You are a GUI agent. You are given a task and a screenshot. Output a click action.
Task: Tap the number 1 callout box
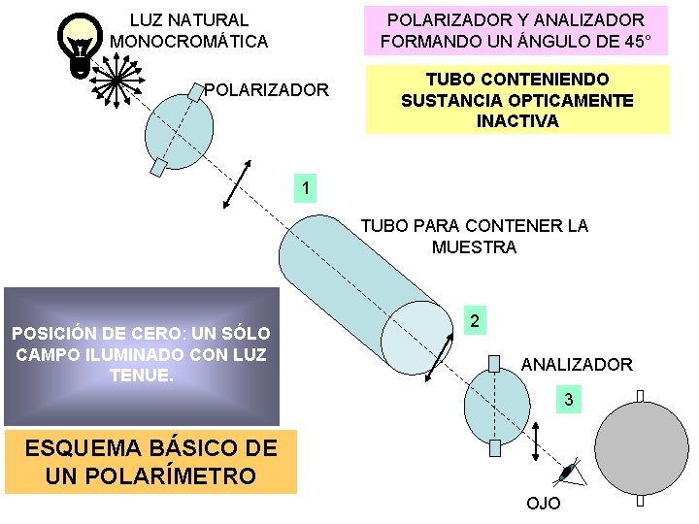click(306, 187)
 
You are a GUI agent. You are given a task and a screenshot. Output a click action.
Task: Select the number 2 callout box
click(474, 321)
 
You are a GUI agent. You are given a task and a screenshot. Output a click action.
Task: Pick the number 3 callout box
click(569, 400)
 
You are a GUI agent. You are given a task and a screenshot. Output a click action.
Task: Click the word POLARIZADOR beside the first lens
click(267, 90)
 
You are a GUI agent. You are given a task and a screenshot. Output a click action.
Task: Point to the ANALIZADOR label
click(577, 365)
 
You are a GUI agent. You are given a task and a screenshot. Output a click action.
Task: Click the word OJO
click(543, 504)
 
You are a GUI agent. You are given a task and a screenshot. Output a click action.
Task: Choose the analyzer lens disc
click(495, 406)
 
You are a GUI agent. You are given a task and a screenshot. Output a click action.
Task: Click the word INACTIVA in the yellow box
click(517, 121)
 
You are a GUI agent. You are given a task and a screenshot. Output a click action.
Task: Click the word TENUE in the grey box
click(141, 373)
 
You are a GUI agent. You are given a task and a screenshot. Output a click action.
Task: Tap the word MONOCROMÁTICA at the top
click(188, 42)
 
